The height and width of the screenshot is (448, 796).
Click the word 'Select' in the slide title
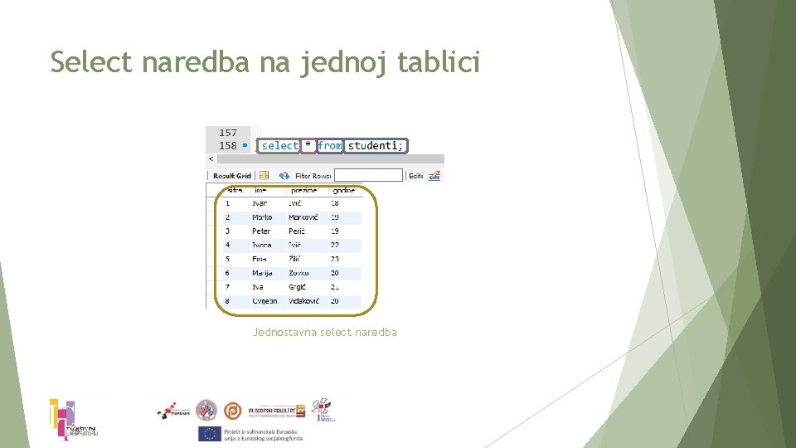point(91,62)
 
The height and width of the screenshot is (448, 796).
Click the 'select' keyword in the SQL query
point(279,146)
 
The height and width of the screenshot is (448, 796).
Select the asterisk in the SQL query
point(308,146)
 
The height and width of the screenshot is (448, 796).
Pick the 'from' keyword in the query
point(329,146)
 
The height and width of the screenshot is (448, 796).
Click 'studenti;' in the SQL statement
point(376,146)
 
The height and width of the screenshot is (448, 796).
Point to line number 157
point(228,133)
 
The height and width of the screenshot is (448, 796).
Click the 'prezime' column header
point(303,191)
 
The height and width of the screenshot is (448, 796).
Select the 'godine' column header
point(342,191)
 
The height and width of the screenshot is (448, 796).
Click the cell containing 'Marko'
point(262,217)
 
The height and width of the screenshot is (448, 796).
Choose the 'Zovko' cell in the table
point(298,273)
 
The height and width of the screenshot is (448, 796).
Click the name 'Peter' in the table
point(261,231)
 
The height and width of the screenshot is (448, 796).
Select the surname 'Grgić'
point(297,287)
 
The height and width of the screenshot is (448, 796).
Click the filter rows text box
point(368,175)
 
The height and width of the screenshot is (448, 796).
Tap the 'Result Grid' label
point(231,176)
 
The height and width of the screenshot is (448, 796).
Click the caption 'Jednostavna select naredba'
point(324,332)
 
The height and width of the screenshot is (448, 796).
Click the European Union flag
point(209,433)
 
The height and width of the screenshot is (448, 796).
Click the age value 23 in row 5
point(335,260)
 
